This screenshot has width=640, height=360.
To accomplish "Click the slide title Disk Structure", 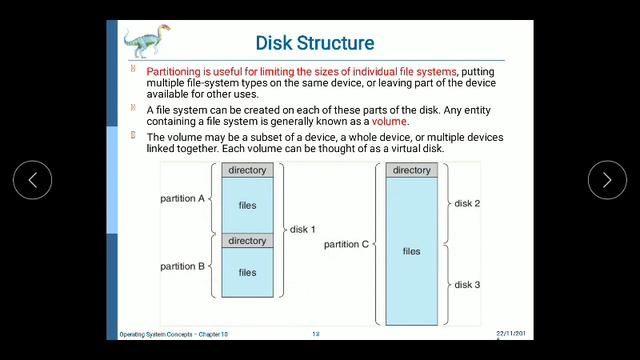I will click(315, 43).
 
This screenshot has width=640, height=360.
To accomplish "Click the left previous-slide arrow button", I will click(32, 180).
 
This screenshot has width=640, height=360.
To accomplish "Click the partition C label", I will click(346, 244).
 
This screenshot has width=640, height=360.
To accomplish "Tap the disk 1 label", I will click(302, 229).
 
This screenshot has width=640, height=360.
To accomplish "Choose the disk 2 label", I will click(467, 203).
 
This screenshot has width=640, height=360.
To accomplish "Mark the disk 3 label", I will click(467, 285).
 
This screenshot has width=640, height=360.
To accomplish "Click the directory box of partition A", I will click(247, 170).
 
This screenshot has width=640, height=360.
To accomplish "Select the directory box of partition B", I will click(247, 241).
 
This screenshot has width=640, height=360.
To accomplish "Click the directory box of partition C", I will click(412, 170).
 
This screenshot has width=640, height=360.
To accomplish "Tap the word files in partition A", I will click(247, 205).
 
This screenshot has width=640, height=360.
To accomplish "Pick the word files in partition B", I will click(247, 272).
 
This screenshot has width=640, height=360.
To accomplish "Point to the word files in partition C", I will click(412, 251).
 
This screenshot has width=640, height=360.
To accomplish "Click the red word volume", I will click(389, 121).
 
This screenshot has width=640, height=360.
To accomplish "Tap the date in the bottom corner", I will click(513, 333).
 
